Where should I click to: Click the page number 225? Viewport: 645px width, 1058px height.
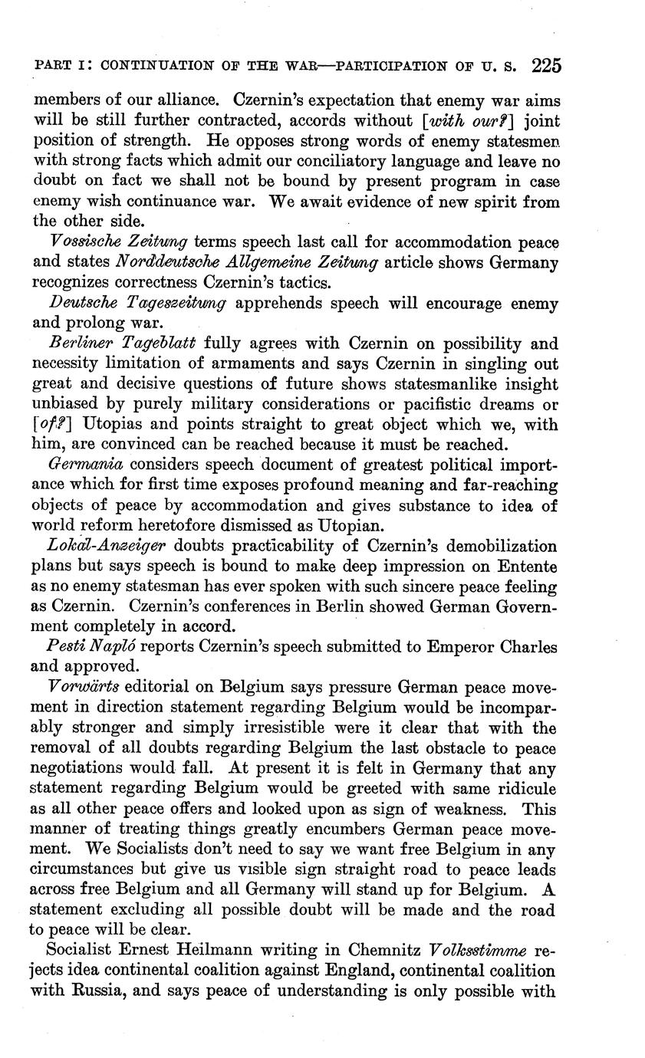click(x=545, y=66)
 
